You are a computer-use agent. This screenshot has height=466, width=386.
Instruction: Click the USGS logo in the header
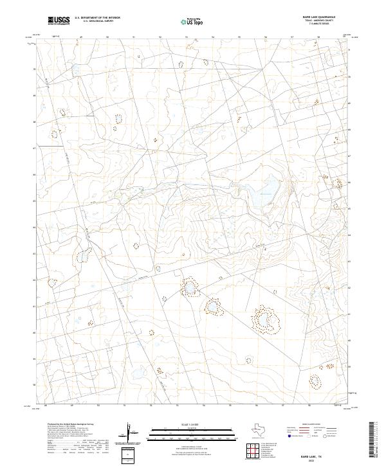tap(59, 21)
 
